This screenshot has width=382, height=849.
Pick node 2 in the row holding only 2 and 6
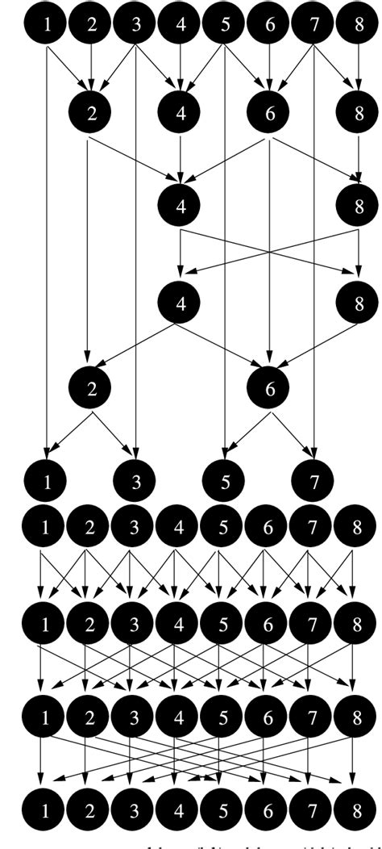[91, 387]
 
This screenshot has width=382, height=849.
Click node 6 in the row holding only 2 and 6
[270, 387]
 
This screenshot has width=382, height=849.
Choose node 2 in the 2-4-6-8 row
[91, 113]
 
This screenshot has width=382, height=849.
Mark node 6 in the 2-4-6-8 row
[270, 113]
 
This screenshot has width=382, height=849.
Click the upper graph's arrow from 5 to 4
[203, 69]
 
